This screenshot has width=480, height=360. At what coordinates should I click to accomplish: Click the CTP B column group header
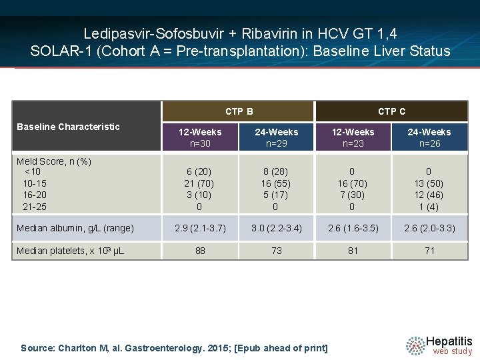[239, 111]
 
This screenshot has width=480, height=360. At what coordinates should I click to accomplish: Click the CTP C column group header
[391, 111]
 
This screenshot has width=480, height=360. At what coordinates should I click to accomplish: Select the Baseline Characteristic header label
[68, 127]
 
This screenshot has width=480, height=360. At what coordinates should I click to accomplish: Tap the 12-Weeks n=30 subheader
[200, 137]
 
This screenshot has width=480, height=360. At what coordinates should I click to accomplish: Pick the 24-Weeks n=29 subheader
[277, 137]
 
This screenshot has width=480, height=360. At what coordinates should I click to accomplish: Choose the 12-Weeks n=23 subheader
[353, 137]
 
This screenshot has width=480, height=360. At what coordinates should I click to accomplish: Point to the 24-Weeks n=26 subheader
[429, 137]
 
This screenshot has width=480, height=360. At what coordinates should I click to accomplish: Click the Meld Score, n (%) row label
[54, 161]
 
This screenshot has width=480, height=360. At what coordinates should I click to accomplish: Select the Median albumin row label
[75, 228]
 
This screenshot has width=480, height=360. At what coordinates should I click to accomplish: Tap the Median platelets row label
[70, 251]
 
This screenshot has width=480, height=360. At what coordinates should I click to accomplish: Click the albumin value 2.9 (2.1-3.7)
[200, 228]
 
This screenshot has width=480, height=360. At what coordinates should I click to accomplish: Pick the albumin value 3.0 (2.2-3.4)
[277, 228]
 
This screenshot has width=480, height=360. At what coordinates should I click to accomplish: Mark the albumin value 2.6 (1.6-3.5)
[353, 228]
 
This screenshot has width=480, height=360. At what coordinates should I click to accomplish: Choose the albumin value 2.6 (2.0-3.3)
[429, 228]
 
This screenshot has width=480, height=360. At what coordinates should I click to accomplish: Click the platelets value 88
[200, 251]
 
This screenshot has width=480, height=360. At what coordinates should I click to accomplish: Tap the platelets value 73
[277, 251]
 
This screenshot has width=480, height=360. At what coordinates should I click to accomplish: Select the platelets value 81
[353, 251]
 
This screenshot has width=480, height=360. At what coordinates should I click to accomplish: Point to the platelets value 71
[429, 251]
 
